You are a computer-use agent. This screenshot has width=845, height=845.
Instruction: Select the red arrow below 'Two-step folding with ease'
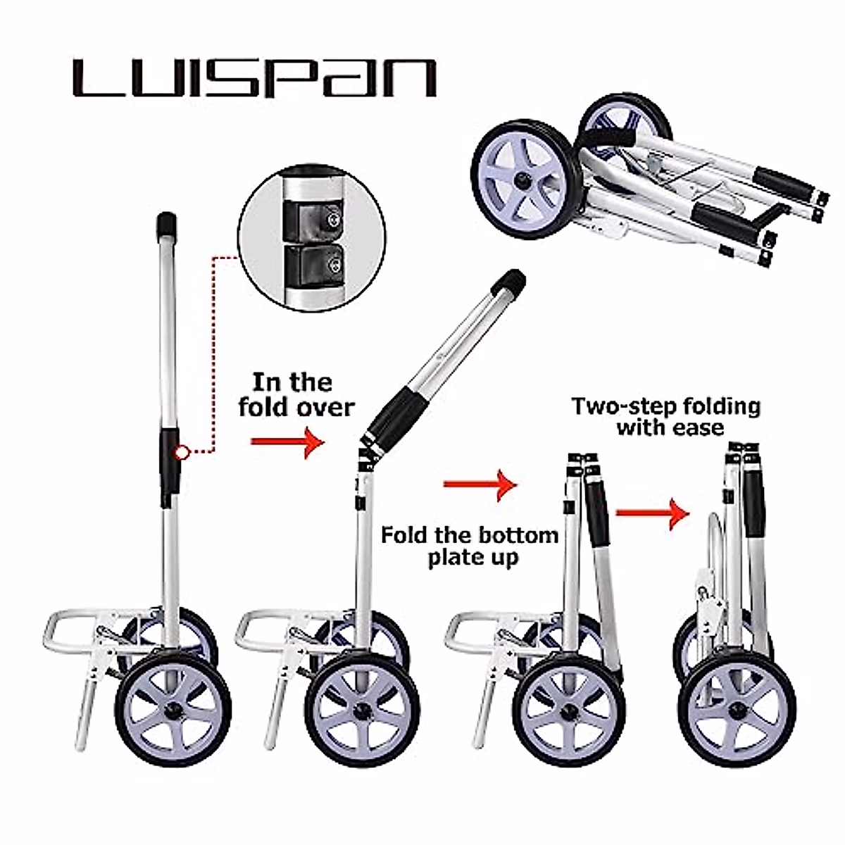pos(651,512)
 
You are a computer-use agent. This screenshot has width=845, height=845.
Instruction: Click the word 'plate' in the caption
pos(449,558)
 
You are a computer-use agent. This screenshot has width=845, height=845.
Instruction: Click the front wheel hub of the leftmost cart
pos(173,706)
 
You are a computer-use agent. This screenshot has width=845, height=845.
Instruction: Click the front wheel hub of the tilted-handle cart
pos(363,706)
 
